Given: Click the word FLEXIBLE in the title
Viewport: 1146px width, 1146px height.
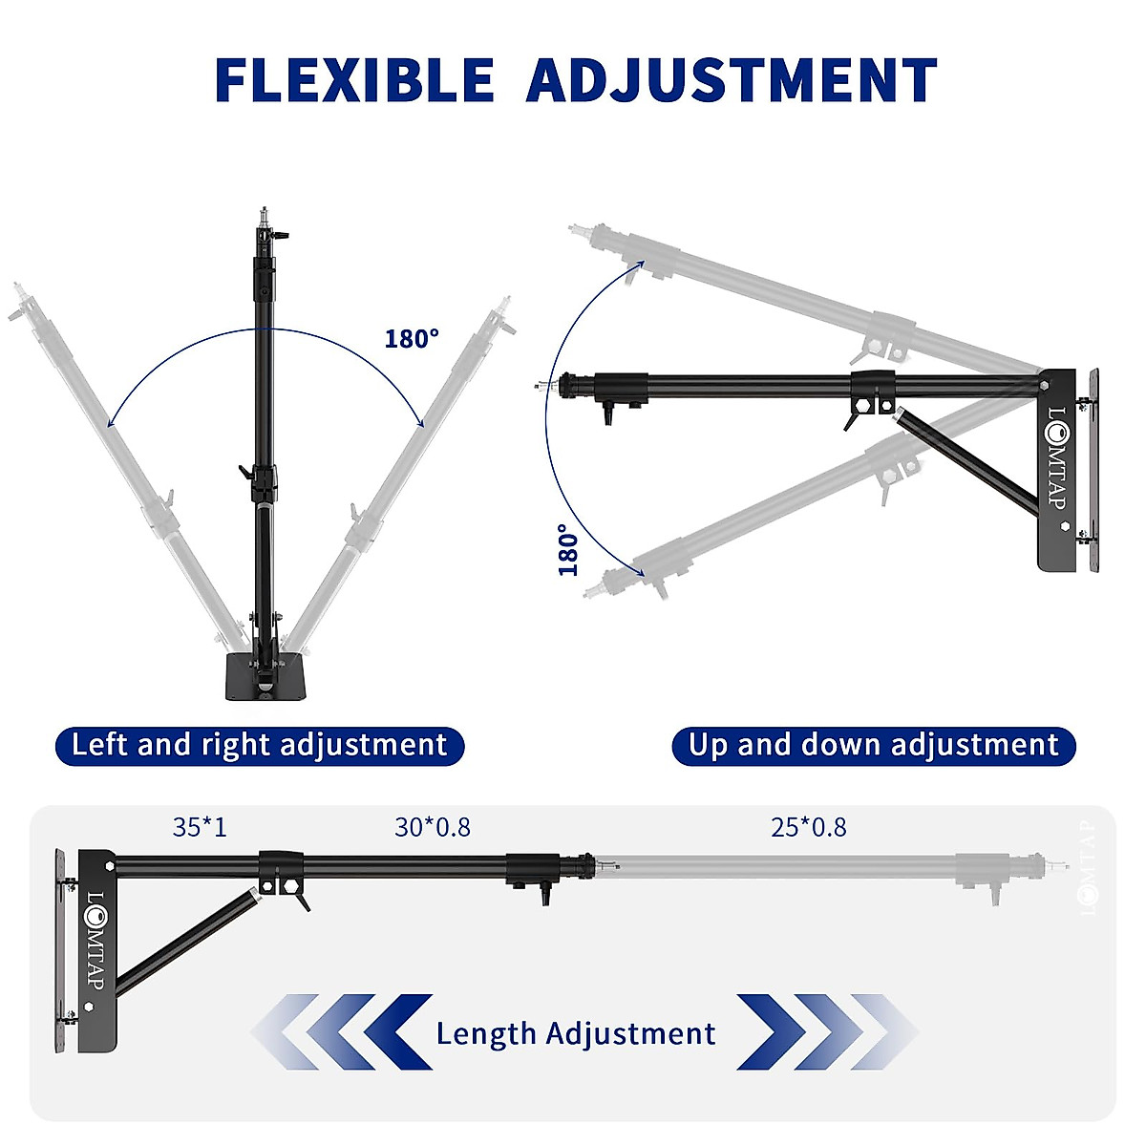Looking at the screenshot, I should click(354, 80).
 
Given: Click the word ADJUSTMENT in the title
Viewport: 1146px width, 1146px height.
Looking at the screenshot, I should click(732, 80).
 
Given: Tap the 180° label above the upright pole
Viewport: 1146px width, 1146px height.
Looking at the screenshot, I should click(412, 339).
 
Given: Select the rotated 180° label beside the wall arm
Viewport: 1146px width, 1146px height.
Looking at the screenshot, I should click(569, 549).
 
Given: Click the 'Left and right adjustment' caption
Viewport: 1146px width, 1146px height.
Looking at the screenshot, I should click(259, 745).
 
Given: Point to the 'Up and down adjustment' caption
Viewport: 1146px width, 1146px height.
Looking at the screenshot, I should click(874, 745).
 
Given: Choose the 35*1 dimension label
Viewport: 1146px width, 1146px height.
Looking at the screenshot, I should click(200, 827).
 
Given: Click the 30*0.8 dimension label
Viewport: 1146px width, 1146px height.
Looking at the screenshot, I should click(433, 827).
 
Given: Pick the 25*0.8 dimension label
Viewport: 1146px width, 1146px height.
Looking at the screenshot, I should click(809, 827).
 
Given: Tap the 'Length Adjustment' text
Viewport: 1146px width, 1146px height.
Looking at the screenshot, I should click(575, 1033).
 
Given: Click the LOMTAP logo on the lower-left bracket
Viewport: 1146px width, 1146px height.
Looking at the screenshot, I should click(95, 942).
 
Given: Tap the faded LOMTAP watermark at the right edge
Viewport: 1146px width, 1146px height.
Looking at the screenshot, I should click(1090, 869).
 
